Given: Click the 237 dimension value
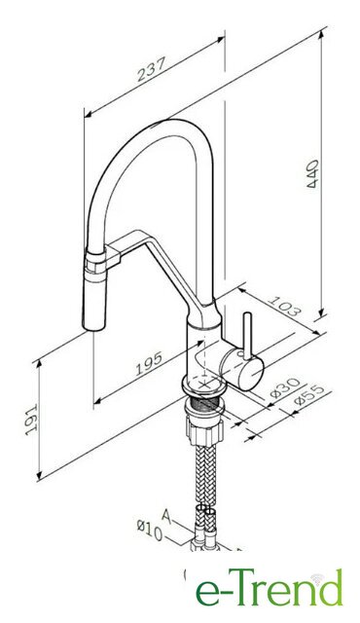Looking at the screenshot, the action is click(x=151, y=68).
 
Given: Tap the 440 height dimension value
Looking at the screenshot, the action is click(x=312, y=173).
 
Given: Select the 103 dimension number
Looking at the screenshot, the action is click(x=284, y=306).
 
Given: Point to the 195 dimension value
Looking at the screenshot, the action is click(x=149, y=363).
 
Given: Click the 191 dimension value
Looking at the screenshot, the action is click(x=31, y=420).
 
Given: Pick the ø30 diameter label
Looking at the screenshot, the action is click(x=285, y=387).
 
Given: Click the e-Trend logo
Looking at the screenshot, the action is click(x=269, y=587).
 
